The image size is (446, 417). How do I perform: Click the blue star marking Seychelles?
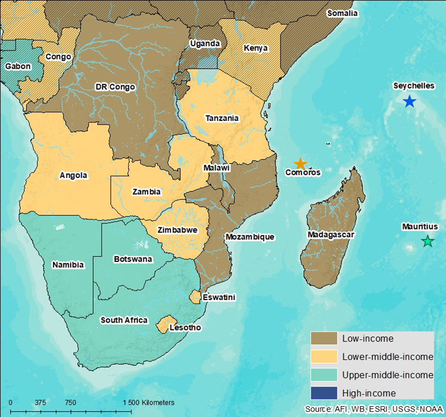tap(409, 102)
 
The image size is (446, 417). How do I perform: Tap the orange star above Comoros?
tap(300, 164)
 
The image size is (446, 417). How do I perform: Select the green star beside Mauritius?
tap(427, 241)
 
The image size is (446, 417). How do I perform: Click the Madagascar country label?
tap(330, 235)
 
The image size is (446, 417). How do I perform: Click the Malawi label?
tap(216, 168)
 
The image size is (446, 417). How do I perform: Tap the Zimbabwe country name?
tap(178, 230)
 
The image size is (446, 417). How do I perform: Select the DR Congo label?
tap(115, 87)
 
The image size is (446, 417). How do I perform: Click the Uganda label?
tap(204, 43)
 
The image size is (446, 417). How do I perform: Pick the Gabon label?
tap(18, 66)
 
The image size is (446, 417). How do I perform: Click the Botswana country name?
tap(133, 259)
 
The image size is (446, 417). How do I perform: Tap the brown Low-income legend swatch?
tap(323, 339)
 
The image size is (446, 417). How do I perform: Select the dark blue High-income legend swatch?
tap(323, 393)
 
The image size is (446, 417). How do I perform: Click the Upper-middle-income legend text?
tap(388, 375)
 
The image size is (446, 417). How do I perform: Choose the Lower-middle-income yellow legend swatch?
tap(323, 357)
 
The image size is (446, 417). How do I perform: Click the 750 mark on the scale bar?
tap(70, 403)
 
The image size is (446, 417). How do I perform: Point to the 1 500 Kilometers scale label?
tap(148, 403)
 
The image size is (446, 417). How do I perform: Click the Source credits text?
tap(375, 409)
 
